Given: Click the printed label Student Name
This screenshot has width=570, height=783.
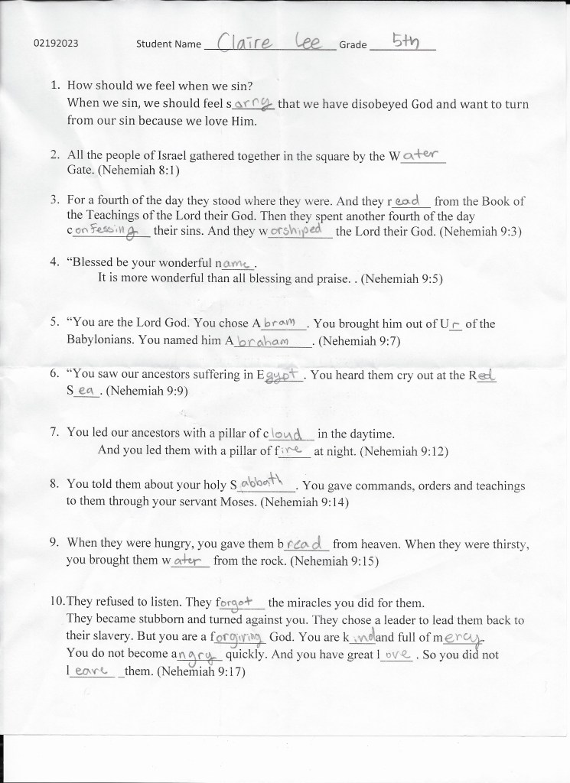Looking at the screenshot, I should [x=168, y=44].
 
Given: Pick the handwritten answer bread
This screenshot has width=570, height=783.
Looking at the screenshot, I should [x=307, y=544].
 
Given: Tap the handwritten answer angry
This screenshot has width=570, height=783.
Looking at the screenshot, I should [x=200, y=655].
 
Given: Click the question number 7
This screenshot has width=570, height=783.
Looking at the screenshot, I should [x=55, y=432].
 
